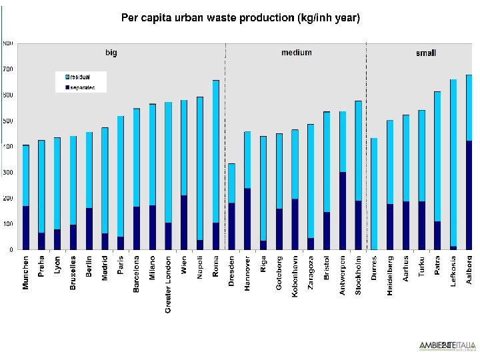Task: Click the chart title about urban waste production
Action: coord(240,19)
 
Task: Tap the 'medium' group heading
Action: coord(296,53)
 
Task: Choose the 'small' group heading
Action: coord(425,53)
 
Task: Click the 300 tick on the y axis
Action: coord(8,173)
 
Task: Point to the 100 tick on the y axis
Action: coord(8,224)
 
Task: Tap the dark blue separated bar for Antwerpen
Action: coord(342,211)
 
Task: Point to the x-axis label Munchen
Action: coord(25,272)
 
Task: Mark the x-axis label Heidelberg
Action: coord(390,274)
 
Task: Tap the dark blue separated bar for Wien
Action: coord(183,223)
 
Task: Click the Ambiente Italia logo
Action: coord(447,345)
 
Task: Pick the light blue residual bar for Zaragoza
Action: coord(311,181)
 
